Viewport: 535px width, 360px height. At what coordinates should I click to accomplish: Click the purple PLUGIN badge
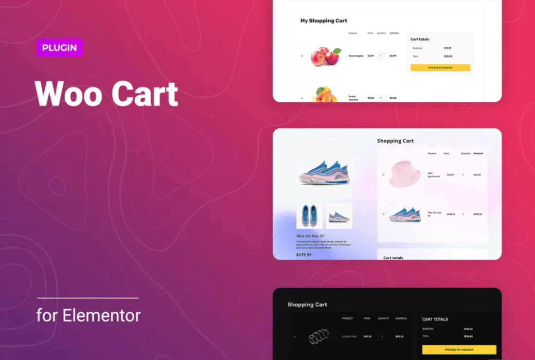(x=59, y=48)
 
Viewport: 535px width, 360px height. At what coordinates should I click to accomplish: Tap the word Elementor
(x=101, y=315)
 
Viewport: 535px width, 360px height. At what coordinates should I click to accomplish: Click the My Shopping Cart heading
(x=323, y=21)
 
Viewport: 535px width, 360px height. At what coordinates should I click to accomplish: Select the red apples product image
(x=325, y=55)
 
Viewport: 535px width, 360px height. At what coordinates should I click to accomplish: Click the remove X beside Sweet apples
(x=302, y=56)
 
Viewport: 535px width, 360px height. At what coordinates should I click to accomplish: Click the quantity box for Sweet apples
(x=381, y=56)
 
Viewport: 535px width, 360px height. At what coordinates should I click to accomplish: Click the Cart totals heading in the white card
(x=420, y=39)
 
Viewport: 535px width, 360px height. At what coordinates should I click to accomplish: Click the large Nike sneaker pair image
(x=324, y=173)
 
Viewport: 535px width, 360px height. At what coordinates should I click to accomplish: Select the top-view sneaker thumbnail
(x=309, y=216)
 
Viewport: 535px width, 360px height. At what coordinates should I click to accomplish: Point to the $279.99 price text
(x=303, y=254)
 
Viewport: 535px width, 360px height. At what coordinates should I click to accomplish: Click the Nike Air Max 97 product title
(x=310, y=236)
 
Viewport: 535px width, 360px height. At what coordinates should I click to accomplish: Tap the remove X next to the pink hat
(x=383, y=175)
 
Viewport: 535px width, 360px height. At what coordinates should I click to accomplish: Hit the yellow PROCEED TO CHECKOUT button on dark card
(x=459, y=350)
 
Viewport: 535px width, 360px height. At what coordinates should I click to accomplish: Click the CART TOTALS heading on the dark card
(x=435, y=319)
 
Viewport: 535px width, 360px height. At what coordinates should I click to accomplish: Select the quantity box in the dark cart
(x=383, y=336)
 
